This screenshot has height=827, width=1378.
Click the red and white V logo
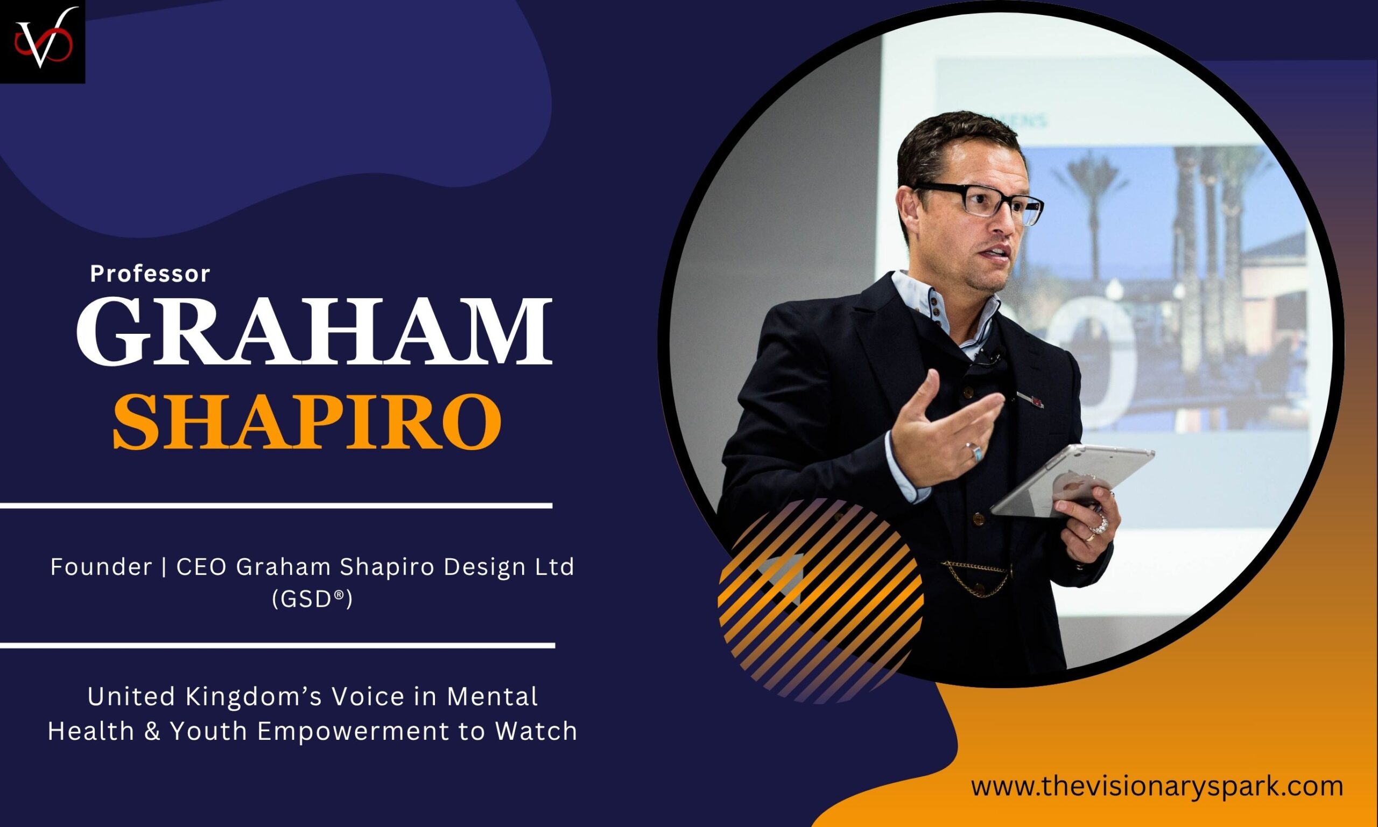(43, 42)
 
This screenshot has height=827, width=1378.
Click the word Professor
(150, 274)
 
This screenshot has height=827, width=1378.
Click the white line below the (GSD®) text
(277, 646)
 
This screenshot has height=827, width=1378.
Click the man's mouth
(997, 254)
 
